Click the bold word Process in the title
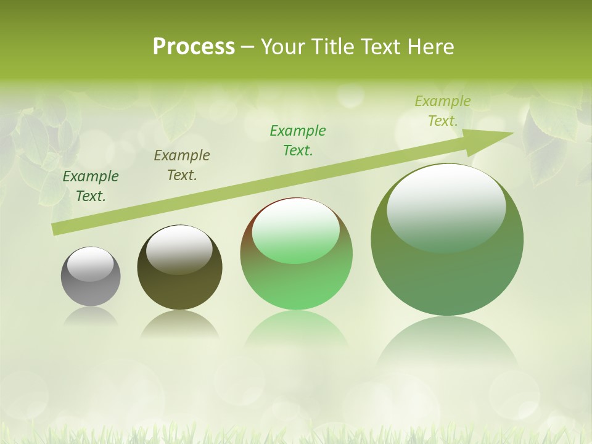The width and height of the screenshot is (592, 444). pyautogui.click(x=194, y=47)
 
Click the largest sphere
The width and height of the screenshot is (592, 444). pyautogui.click(x=447, y=271)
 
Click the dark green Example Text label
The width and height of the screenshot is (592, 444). pyautogui.click(x=91, y=186)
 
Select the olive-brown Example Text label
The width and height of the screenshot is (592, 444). pyautogui.click(x=182, y=165)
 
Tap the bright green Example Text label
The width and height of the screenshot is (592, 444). pyautogui.click(x=298, y=141)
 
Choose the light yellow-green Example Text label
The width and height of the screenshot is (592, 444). pyautogui.click(x=443, y=111)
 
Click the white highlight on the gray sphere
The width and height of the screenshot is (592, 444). pyautogui.click(x=91, y=264)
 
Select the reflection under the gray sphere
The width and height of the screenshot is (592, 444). pyautogui.click(x=91, y=316)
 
